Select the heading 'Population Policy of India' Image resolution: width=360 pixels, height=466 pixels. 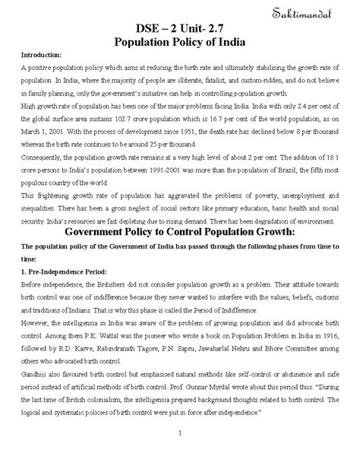(180, 41)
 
